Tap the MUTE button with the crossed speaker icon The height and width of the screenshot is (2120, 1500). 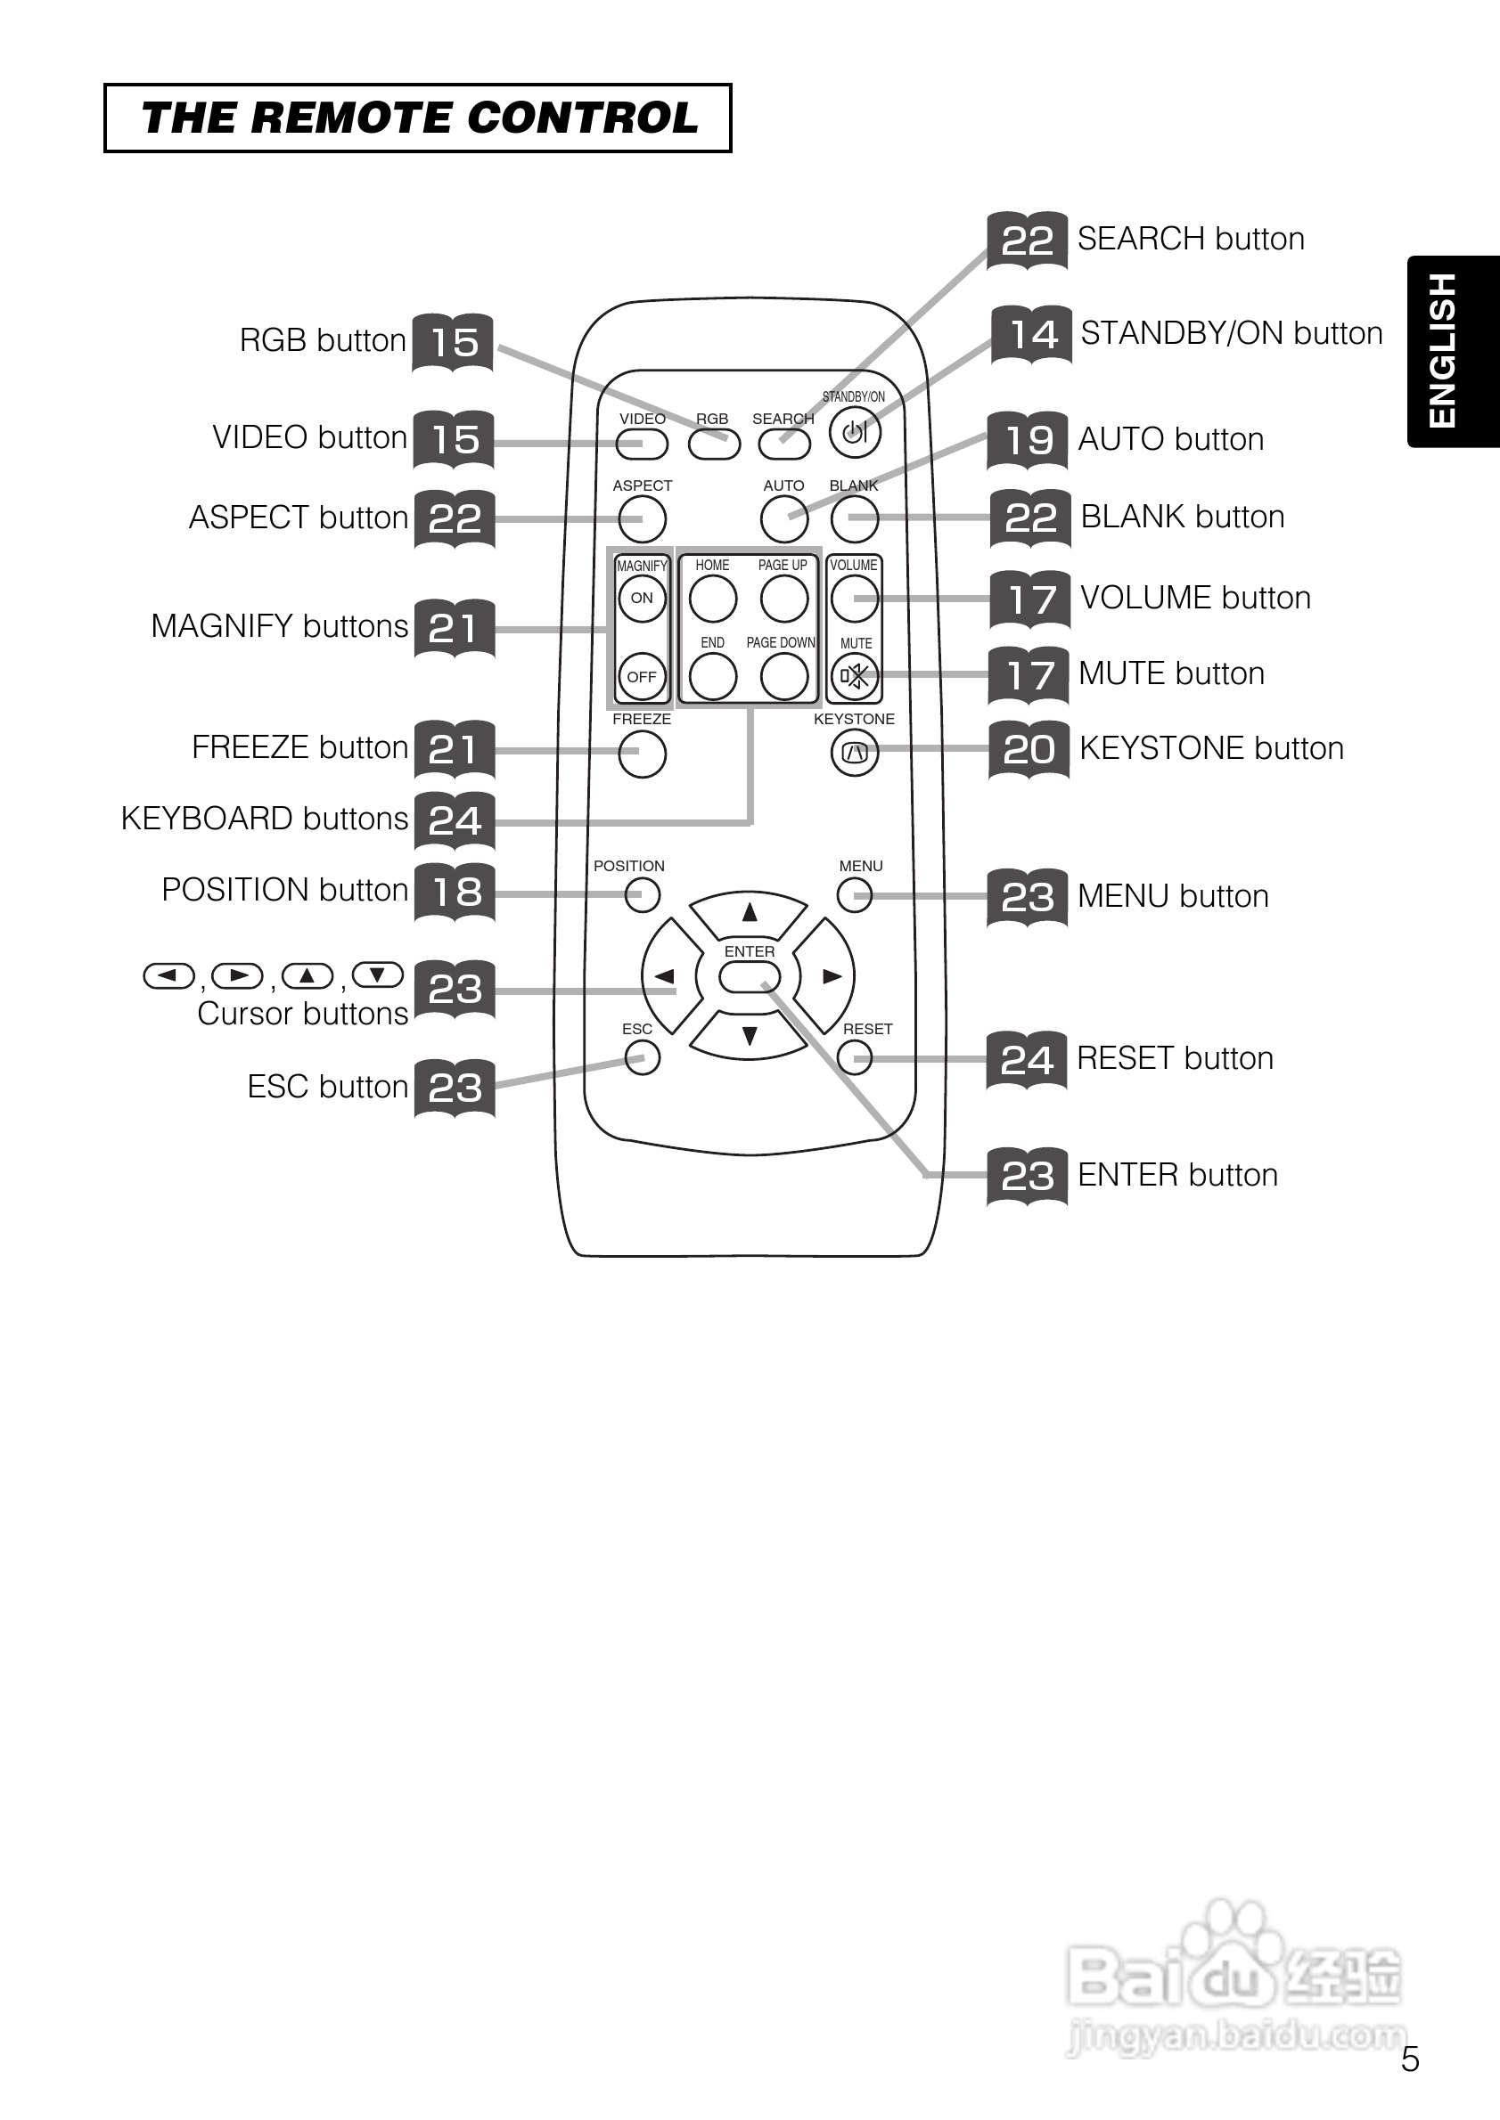click(x=855, y=677)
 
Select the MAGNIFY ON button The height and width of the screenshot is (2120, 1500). click(x=642, y=599)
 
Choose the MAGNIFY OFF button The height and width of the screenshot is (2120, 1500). click(x=642, y=677)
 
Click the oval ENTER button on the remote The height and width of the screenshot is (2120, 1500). click(x=749, y=977)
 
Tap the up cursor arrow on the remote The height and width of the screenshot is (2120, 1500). click(x=749, y=913)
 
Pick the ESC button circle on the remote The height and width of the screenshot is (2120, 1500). click(x=642, y=1057)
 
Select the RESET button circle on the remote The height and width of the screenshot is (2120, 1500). click(x=855, y=1057)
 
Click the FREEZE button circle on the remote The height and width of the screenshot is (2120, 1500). click(x=642, y=754)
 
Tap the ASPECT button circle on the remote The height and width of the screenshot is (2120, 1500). click(x=642, y=519)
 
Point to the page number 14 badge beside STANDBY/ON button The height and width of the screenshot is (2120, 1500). click(x=1031, y=334)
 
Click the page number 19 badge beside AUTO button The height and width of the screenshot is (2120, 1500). click(x=1028, y=440)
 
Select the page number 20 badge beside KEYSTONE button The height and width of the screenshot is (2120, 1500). click(x=1029, y=749)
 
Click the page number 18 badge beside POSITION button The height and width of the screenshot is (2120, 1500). click(x=455, y=892)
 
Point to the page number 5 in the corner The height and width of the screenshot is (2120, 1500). click(x=1409, y=2059)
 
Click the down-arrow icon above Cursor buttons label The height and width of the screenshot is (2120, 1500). click(x=378, y=975)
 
